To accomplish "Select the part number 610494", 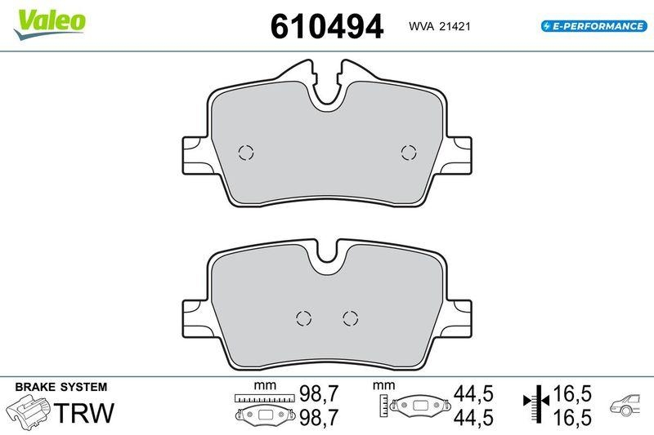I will pos(326,26).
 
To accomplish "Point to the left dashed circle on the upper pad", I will pos(245,152).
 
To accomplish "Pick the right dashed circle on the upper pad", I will pos(408,152).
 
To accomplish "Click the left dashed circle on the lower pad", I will pos(303,317).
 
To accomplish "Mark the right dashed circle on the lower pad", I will pos(351,317).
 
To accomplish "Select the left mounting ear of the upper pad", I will pos(193,152).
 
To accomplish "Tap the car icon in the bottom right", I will pos(628,405).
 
